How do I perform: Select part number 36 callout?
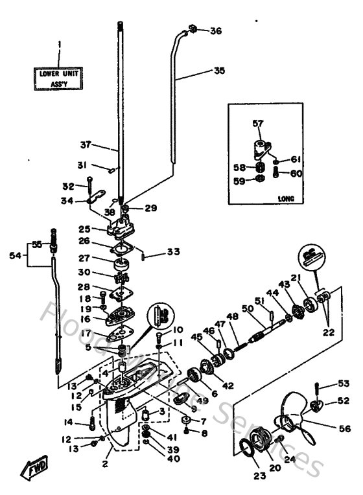click(x=216, y=30)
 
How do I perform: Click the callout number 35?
click(x=219, y=70)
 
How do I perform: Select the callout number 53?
click(x=342, y=384)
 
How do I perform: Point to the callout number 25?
click(x=85, y=229)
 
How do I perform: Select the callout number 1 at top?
click(x=60, y=45)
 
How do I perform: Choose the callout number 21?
click(x=314, y=278)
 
